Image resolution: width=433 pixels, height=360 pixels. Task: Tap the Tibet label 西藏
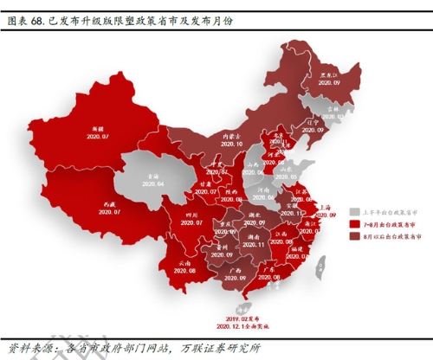[x=107, y=202]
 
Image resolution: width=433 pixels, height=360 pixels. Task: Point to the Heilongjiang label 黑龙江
[x=328, y=75]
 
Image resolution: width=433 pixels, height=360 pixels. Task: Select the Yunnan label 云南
[x=184, y=261]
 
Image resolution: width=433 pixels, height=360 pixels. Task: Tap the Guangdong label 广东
[x=268, y=269]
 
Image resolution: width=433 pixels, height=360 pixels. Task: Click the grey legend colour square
[x=353, y=211]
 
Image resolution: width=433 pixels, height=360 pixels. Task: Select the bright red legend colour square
[x=353, y=222]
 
